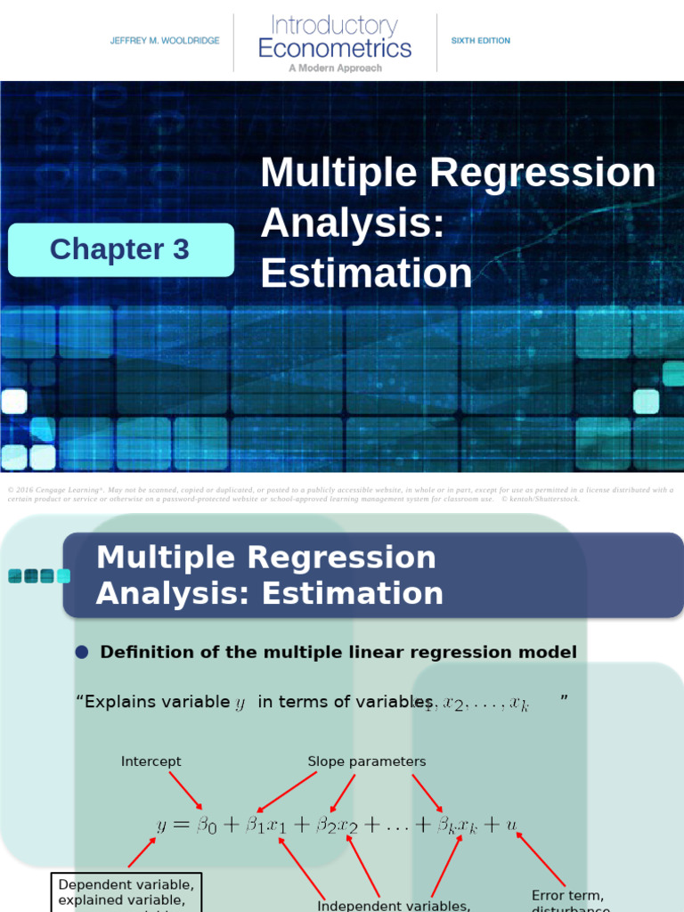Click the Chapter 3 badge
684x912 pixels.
click(x=120, y=249)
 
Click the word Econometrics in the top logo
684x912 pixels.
click(x=335, y=47)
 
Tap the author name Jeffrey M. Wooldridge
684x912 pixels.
click(x=165, y=41)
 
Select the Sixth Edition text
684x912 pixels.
click(x=480, y=41)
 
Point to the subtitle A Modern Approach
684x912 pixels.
click(x=335, y=68)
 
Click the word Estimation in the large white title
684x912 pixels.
click(x=366, y=273)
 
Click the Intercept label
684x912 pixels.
click(x=151, y=761)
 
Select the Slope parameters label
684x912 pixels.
click(x=367, y=761)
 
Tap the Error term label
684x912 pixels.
click(x=567, y=895)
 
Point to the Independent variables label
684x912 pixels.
click(x=394, y=906)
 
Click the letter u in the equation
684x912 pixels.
click(x=511, y=825)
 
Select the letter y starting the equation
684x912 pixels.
click(x=162, y=826)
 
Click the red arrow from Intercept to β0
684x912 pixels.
click(x=186, y=790)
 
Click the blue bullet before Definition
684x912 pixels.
click(x=82, y=653)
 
